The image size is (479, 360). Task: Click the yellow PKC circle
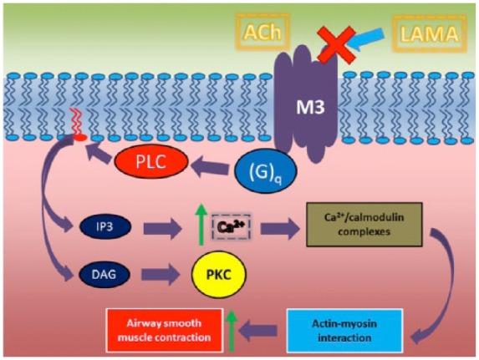(219, 273)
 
